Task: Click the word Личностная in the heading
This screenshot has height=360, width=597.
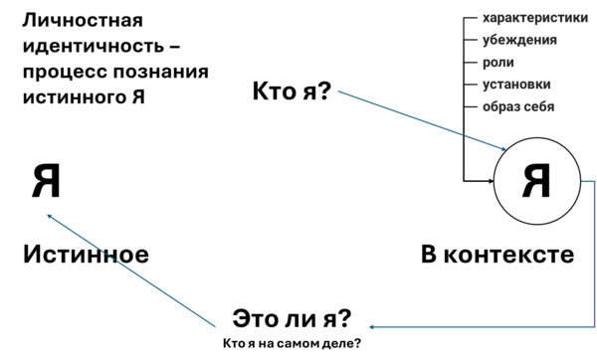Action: tap(83, 20)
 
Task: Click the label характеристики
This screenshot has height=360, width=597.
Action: tap(535, 18)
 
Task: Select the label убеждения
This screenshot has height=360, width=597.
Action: tap(519, 40)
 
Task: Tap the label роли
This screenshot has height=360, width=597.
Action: tap(498, 63)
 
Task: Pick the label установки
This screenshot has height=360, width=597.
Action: tap(516, 85)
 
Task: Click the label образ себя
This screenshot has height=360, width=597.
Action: tap(518, 106)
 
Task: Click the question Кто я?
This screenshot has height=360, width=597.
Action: tap(292, 91)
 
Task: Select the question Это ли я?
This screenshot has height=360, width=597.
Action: tap(292, 319)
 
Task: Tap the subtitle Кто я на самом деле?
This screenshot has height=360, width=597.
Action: tap(292, 344)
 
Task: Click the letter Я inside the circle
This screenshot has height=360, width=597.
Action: tap(536, 181)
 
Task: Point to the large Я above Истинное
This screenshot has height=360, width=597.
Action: tap(46, 181)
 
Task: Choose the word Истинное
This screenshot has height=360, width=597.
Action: tap(86, 255)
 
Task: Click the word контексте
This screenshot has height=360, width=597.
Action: tap(509, 255)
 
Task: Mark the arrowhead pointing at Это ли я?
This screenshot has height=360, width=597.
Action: tap(371, 327)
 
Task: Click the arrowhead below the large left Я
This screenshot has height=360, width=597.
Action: tap(49, 216)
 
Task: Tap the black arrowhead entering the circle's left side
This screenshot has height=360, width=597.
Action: tap(492, 181)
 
